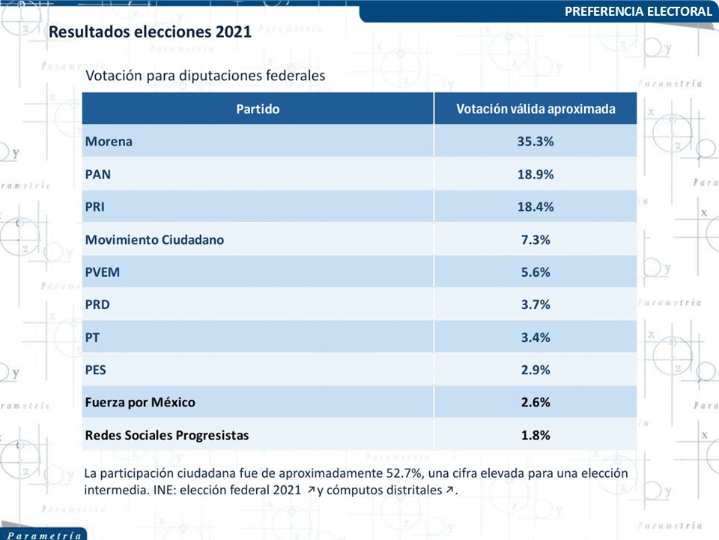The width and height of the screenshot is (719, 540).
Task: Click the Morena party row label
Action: [109, 142]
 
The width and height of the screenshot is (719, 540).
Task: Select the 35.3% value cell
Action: [536, 142]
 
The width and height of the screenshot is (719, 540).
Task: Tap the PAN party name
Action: [97, 175]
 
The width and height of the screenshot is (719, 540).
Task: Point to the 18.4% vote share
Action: [536, 207]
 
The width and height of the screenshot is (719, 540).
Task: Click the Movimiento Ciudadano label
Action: [154, 240]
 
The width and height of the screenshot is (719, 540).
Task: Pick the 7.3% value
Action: [536, 240]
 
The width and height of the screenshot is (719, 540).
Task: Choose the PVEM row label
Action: [103, 272]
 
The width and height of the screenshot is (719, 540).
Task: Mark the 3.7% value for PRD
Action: [536, 304]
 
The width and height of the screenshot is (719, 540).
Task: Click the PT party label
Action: [92, 337]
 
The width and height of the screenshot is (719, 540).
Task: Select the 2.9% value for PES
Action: [536, 370]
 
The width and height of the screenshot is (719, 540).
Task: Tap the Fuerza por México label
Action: [140, 402]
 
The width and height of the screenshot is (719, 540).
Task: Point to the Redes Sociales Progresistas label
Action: [167, 435]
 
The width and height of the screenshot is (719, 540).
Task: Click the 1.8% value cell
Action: [536, 435]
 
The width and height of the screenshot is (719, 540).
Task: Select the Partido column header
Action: [258, 109]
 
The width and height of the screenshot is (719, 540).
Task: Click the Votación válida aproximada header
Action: [536, 109]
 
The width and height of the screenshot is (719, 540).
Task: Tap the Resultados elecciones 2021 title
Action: [150, 31]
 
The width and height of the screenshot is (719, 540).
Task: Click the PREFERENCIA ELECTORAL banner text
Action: [638, 11]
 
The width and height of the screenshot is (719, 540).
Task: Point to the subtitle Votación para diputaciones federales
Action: [205, 75]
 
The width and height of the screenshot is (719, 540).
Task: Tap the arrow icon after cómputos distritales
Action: [450, 490]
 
